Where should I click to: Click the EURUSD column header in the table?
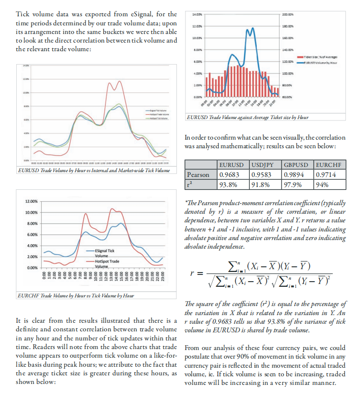pyautogui.click(x=232, y=165)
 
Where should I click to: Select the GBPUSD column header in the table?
pyautogui.click(x=296, y=165)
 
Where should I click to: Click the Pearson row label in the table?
pyautogui.click(x=198, y=175)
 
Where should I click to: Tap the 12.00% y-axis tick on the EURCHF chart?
pyautogui.click(x=31, y=201)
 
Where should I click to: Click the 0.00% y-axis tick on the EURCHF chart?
pyautogui.click(x=32, y=267)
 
